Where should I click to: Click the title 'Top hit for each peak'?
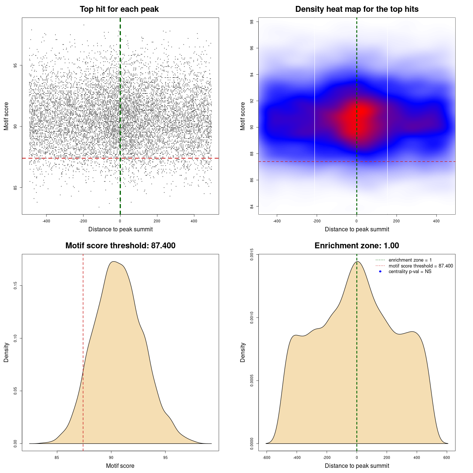coord(119,9)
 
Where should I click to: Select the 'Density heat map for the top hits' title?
coord(357,9)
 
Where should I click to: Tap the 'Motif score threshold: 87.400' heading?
coord(120,246)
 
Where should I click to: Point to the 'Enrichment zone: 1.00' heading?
coord(357,246)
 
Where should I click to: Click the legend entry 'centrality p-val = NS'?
coord(410,272)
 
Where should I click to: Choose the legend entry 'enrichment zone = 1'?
coord(410,260)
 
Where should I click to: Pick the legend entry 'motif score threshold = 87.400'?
coord(421,266)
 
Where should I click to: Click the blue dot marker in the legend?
coord(380,272)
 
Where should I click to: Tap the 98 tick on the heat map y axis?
coord(252,22)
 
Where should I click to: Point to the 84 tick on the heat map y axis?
coord(252,206)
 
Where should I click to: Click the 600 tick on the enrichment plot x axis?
coord(447,457)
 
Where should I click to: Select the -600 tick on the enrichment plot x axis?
coord(266,457)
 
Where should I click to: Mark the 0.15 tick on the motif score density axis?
coord(15,286)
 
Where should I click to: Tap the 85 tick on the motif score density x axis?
coord(57,457)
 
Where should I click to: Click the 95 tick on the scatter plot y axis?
coord(15,65)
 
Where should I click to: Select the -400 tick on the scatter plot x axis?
coord(46,221)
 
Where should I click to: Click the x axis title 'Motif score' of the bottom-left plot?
coord(120,466)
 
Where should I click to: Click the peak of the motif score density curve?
coord(114,262)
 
